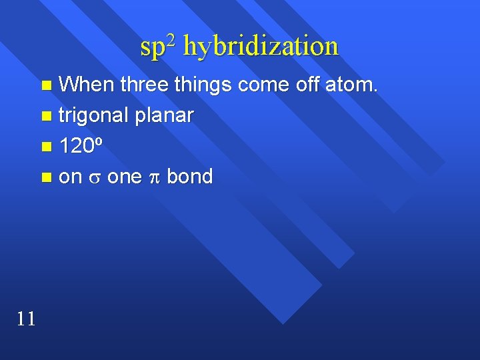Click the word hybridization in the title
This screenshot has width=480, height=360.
[260, 47]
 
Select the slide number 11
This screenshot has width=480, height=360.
[26, 319]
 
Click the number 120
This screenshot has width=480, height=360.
[78, 147]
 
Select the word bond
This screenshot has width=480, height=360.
[189, 177]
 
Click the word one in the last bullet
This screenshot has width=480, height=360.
[124, 178]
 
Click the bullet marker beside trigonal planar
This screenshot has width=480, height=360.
[45, 117]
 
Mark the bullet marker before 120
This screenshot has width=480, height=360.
[45, 147]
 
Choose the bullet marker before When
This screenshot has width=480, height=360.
[45, 85]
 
